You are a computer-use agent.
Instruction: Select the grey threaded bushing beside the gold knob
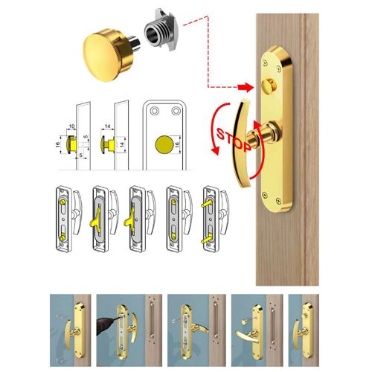tap(161, 31)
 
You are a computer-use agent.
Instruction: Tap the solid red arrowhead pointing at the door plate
tap(246, 87)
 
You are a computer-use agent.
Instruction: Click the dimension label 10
tap(71, 126)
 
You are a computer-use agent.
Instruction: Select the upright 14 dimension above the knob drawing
tap(107, 126)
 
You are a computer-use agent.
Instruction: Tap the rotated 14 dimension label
tap(122, 144)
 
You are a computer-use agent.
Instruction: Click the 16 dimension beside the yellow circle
tap(177, 144)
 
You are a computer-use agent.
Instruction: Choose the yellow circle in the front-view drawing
tap(164, 144)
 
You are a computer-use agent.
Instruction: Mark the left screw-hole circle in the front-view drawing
tap(154, 111)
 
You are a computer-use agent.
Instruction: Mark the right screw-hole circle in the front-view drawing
tap(176, 111)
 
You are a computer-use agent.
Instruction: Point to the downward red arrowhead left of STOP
tap(216, 150)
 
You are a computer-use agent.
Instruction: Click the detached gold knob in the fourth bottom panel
tap(244, 321)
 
